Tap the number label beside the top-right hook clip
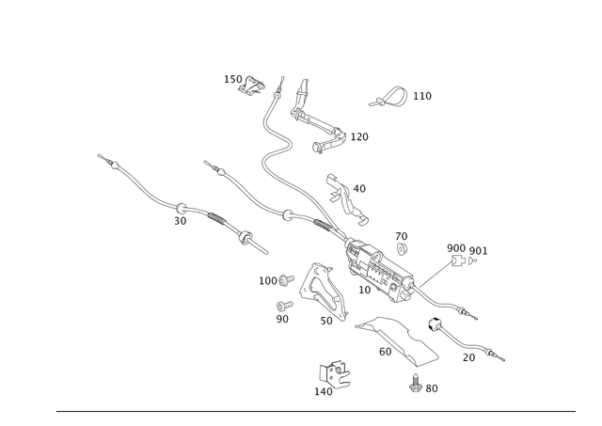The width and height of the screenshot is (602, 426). (x=421, y=97)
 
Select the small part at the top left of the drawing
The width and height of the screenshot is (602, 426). (x=244, y=85)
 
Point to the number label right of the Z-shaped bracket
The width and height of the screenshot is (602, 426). (x=360, y=137)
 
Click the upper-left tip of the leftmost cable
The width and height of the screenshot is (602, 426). (x=99, y=154)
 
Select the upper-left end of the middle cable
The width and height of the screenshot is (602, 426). (x=205, y=163)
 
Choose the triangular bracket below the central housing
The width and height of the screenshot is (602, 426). (x=320, y=292)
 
